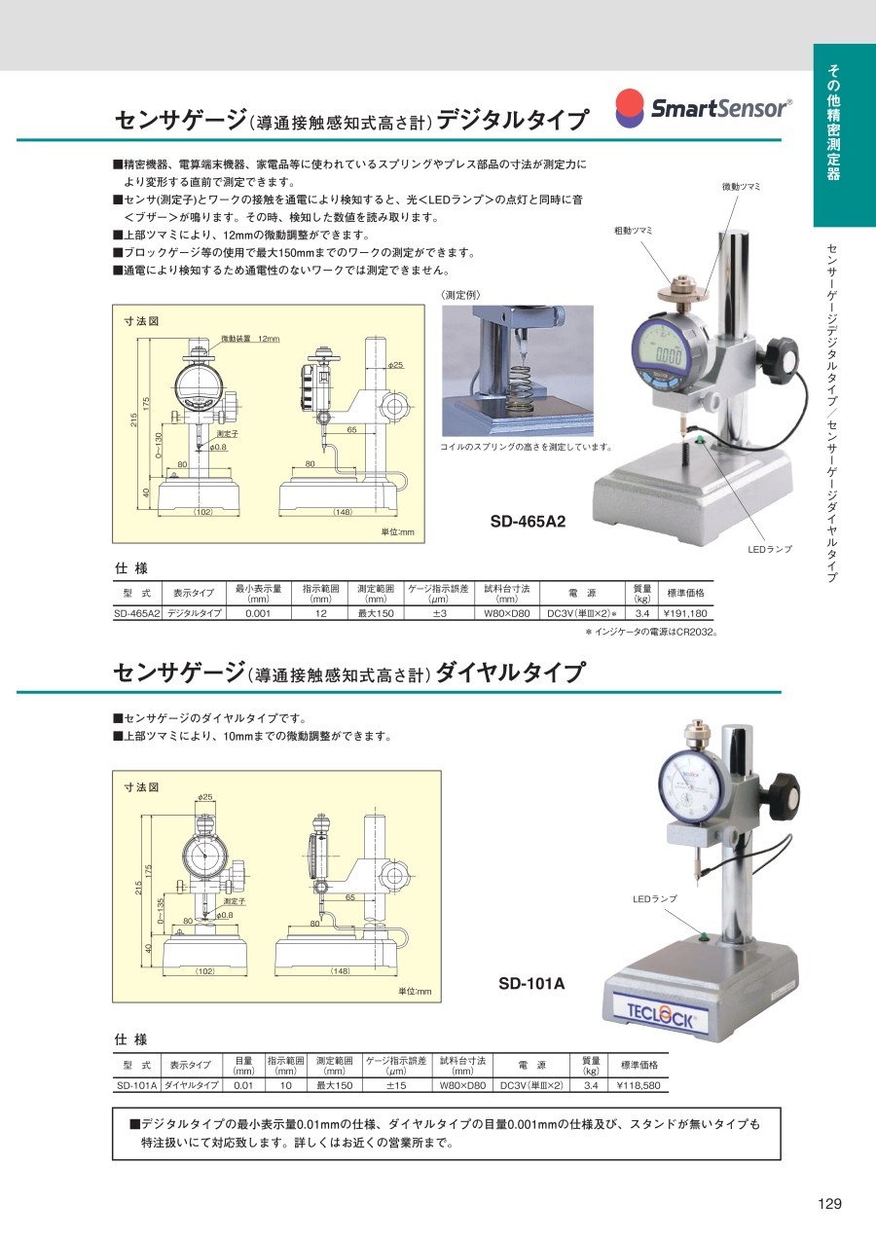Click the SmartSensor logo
(704, 108)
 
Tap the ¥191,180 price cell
(685, 613)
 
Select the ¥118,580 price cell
(639, 1085)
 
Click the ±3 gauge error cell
(440, 613)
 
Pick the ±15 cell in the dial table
(396, 1085)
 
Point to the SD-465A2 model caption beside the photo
(528, 522)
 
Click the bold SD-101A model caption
(531, 983)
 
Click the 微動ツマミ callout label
(741, 187)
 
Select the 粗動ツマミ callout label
(634, 231)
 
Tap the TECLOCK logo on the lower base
(660, 1015)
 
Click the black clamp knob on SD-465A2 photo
(781, 360)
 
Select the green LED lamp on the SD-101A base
(704, 936)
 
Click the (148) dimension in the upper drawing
(343, 512)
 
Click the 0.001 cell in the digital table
(258, 613)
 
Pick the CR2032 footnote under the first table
(651, 632)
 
